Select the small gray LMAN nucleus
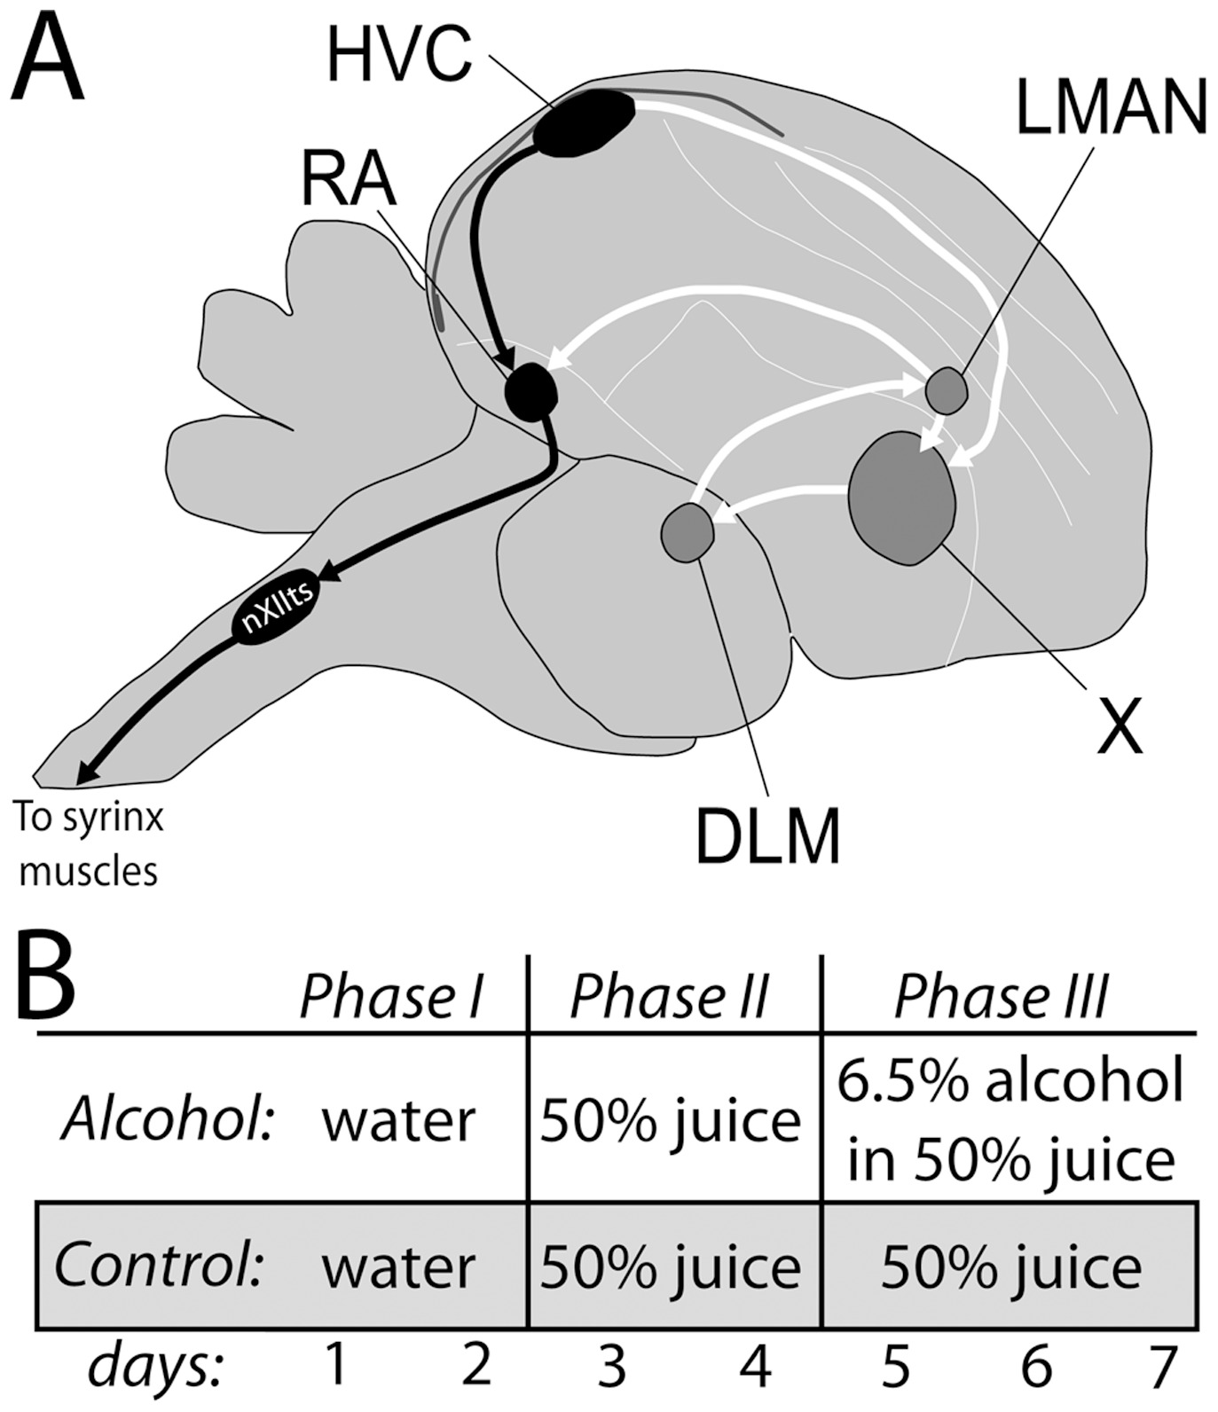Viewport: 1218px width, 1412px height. pos(946,390)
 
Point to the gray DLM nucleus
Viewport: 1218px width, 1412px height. pos(688,532)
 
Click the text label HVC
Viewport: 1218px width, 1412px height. pos(398,55)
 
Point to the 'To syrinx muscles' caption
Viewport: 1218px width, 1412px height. pos(89,843)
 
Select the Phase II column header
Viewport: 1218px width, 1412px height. pos(669,997)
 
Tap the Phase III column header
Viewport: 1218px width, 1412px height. pos(1001,997)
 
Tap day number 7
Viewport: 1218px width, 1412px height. pos(1160,1367)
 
